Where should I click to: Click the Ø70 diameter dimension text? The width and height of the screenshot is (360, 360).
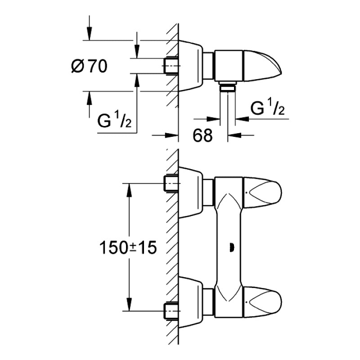(x=89, y=67)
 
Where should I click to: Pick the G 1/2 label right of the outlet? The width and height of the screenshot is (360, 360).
(x=267, y=109)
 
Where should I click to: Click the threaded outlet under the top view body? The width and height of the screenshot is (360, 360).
(x=229, y=87)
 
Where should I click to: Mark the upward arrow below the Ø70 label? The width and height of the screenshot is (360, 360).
(x=90, y=98)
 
